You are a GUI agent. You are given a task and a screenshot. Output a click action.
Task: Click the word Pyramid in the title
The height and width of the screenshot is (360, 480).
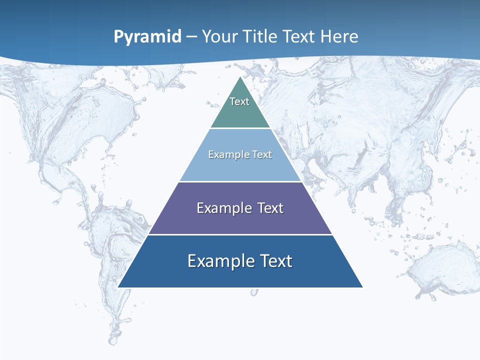[x=147, y=36]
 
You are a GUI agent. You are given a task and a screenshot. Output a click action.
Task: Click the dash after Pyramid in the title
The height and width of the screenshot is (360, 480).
[x=191, y=37]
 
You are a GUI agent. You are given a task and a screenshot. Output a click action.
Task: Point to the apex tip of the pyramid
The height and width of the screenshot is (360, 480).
[x=240, y=77]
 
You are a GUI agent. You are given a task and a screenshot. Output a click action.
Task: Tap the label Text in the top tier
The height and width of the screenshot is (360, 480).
[x=239, y=101]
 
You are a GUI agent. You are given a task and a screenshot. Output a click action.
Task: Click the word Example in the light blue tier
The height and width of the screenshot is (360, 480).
[x=225, y=154]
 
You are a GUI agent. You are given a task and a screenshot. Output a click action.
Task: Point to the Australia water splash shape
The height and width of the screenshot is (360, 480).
[x=440, y=270]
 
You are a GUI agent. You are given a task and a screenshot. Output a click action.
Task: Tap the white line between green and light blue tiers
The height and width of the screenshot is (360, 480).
[x=240, y=128]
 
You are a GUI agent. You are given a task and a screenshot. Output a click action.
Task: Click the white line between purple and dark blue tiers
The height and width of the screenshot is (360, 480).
[x=240, y=234]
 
